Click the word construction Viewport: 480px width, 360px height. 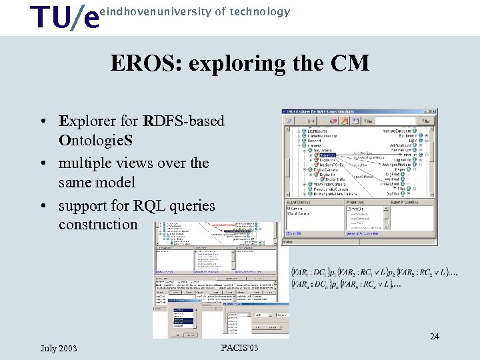[98, 225]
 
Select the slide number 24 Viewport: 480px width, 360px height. [434, 337]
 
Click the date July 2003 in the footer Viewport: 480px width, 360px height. [59, 349]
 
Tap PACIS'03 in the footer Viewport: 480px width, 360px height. [239, 349]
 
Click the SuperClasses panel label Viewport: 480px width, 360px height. [299, 201]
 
